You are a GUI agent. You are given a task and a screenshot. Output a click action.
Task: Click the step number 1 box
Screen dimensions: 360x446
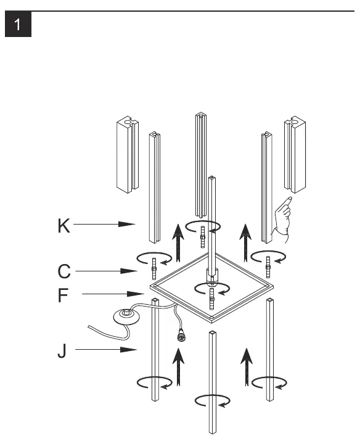[x=18, y=24]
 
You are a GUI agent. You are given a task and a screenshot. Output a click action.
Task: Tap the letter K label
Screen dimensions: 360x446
[x=63, y=226]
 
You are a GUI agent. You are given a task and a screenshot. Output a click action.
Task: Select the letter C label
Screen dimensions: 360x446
[x=64, y=271]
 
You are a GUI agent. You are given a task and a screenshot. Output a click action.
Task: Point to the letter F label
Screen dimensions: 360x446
[x=63, y=295]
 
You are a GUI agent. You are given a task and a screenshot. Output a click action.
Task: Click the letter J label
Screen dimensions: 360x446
[x=62, y=351]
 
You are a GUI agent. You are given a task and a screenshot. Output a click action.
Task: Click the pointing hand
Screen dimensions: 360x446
[x=282, y=220]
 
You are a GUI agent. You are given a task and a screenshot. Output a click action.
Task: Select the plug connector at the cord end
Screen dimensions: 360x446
[x=181, y=337]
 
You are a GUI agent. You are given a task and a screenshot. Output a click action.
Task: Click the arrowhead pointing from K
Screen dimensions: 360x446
[x=127, y=224]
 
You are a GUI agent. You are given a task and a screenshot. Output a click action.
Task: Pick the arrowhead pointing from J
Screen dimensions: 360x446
[x=129, y=350]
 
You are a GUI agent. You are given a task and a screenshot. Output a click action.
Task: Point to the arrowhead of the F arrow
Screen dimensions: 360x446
[x=136, y=294]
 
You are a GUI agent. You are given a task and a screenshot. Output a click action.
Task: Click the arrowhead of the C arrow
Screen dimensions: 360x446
[x=129, y=271]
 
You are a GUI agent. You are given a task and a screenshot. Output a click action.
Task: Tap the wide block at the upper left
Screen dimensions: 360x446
[x=128, y=155]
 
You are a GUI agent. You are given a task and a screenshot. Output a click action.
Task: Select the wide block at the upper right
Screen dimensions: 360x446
[x=295, y=154]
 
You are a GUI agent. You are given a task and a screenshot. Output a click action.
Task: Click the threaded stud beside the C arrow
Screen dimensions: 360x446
[x=154, y=269]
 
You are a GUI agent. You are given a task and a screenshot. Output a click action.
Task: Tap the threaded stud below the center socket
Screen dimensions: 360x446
[x=211, y=299]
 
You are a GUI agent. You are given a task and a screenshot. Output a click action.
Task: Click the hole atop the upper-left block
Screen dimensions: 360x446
[x=128, y=122]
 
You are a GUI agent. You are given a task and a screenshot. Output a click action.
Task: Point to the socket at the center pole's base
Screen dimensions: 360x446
[x=212, y=276]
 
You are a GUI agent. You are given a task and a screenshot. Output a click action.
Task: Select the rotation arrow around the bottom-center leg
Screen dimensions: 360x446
[x=213, y=401]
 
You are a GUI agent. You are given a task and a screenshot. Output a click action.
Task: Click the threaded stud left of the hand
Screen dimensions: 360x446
[x=268, y=267]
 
